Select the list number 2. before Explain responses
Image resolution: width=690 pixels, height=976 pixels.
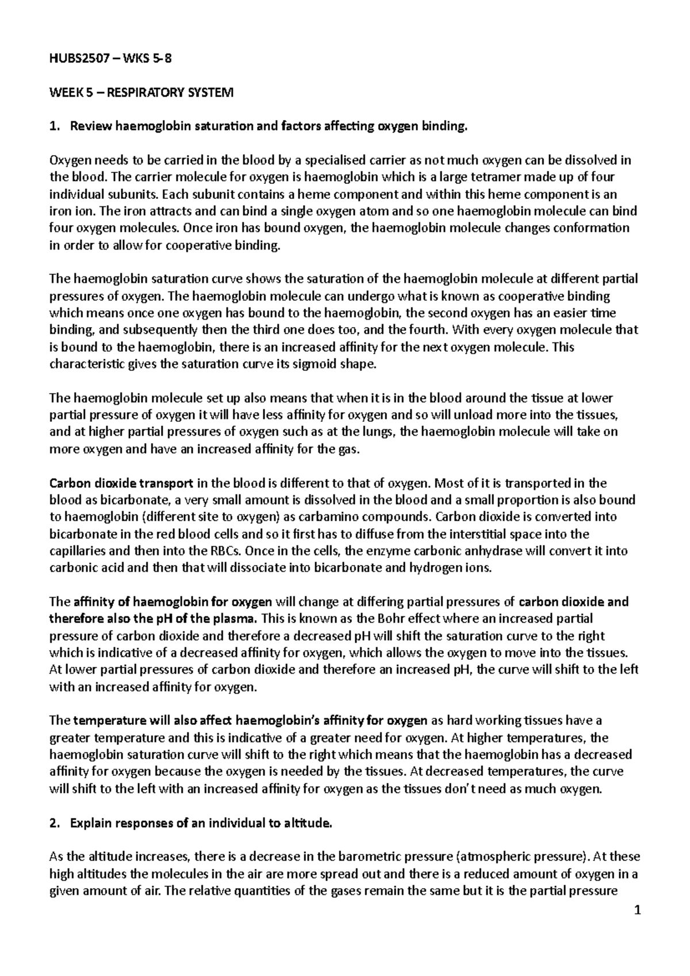[55, 823]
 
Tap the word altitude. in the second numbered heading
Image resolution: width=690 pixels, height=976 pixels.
[311, 823]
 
